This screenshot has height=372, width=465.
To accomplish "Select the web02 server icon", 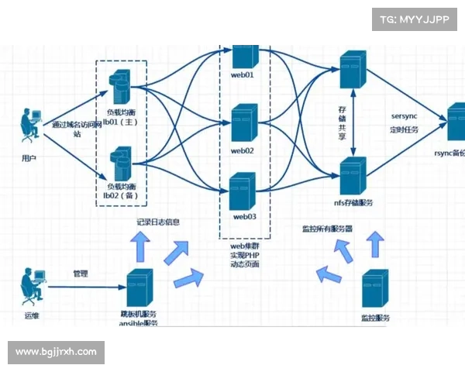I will [243, 123].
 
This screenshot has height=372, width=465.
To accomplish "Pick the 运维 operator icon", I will [32, 286].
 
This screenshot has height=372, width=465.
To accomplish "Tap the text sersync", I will [405, 117].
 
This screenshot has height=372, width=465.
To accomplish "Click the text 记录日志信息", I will [158, 223].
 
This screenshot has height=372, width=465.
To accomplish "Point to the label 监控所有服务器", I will [328, 229].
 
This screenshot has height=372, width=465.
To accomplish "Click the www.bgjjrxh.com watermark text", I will [56, 352].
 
